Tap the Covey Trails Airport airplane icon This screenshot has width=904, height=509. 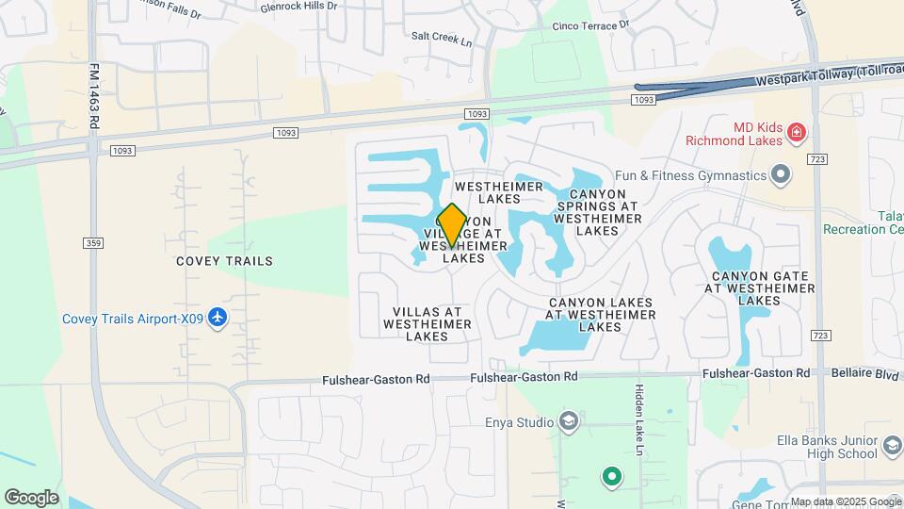click(218, 318)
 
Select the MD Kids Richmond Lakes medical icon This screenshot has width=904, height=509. click(798, 132)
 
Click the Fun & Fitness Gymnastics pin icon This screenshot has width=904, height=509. click(780, 175)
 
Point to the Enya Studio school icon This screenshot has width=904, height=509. click(568, 421)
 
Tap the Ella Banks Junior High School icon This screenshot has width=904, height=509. click(892, 446)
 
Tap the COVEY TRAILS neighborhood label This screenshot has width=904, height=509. click(224, 261)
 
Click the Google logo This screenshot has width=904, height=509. click(31, 498)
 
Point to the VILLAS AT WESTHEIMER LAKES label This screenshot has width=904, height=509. click(427, 323)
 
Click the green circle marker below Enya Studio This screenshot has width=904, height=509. click(612, 477)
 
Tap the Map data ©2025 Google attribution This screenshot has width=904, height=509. click(846, 501)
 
